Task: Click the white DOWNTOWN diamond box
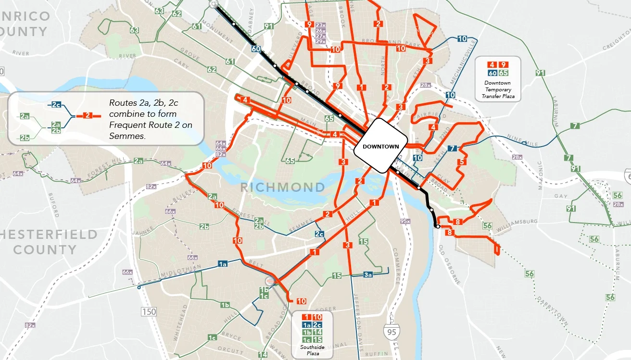(x=378, y=146)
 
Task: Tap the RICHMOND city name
(x=282, y=187)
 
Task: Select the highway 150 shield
(x=149, y=312)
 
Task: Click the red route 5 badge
(x=461, y=162)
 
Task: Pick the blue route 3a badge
(x=368, y=275)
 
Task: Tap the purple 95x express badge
(x=405, y=221)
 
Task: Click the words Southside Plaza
(x=312, y=350)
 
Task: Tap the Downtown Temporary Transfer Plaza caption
(x=498, y=90)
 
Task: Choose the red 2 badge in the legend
(x=87, y=115)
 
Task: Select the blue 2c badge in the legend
(x=56, y=105)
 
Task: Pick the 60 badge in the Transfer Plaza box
(x=492, y=73)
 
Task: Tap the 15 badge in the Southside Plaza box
(x=317, y=340)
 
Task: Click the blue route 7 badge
(x=452, y=148)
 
